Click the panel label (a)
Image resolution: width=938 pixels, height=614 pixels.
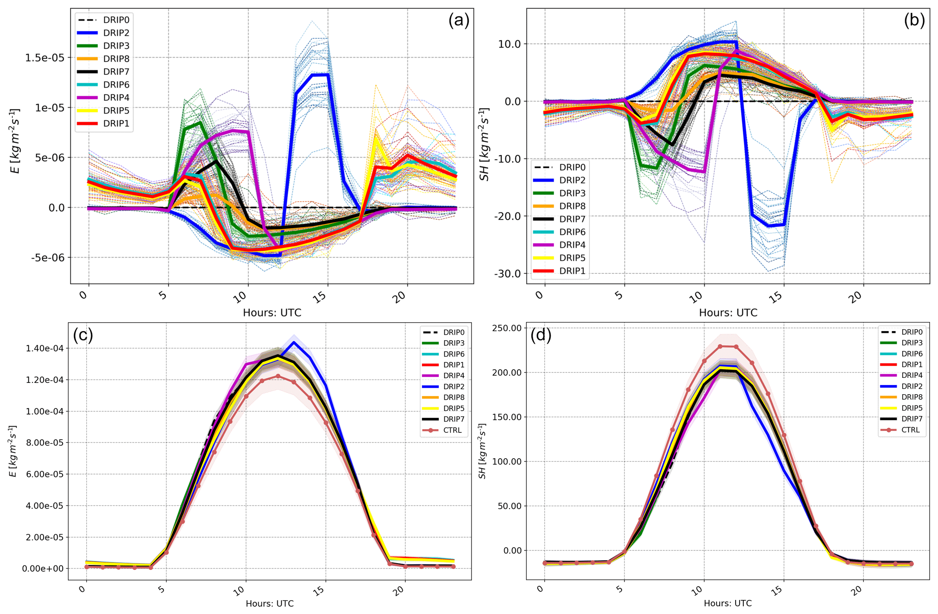(x=458, y=21)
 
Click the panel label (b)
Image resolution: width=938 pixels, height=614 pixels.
(x=914, y=21)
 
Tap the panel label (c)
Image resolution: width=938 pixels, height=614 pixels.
(x=83, y=335)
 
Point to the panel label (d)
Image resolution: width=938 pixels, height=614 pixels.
(x=541, y=335)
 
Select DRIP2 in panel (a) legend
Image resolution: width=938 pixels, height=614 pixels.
(x=116, y=33)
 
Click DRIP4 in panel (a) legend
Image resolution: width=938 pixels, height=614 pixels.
(x=116, y=98)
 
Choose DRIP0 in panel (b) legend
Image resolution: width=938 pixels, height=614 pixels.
(x=572, y=167)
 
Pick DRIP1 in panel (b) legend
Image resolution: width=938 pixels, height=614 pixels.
(x=572, y=271)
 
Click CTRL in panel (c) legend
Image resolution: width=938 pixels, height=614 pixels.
(x=452, y=430)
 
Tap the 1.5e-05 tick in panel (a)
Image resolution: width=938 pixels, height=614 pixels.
(x=44, y=58)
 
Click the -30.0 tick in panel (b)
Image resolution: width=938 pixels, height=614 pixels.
(x=507, y=273)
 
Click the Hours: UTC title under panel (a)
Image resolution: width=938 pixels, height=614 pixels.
(x=272, y=312)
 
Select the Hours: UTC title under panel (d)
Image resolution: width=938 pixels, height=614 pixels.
(x=727, y=604)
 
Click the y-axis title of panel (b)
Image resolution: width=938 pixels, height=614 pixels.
(x=485, y=144)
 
